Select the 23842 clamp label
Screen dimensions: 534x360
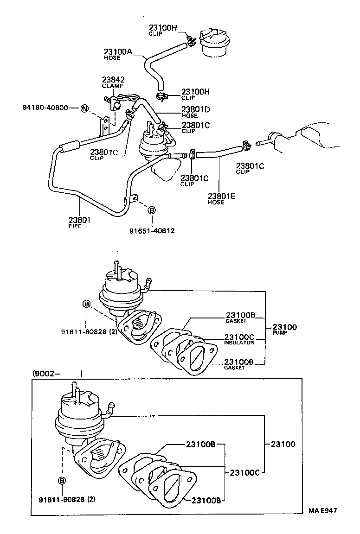coord(113,80)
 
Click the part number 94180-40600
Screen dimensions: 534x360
coord(45,108)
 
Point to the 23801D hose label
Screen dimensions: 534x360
coord(195,110)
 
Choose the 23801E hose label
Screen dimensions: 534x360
coord(221,196)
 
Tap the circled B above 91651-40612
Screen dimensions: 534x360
coord(151,210)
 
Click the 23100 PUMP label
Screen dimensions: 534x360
coord(284,327)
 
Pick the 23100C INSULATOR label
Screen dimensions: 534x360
coord(239,337)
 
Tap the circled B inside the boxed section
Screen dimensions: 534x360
coord(62,481)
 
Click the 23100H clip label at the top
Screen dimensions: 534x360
coord(163,28)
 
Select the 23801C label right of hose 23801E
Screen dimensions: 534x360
coord(250,166)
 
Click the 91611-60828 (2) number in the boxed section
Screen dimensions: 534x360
coord(67,499)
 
